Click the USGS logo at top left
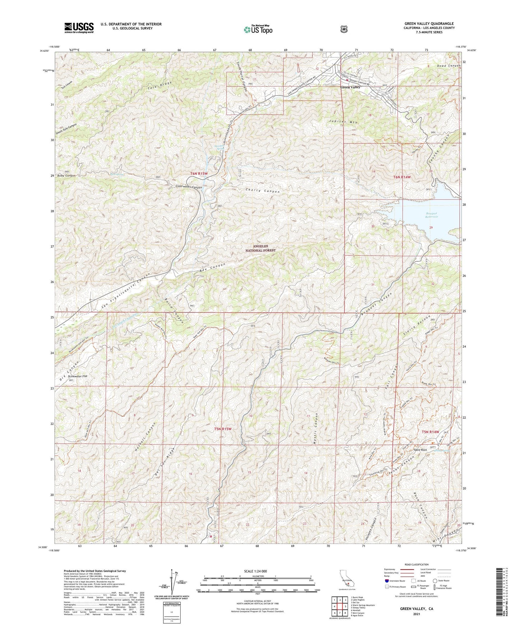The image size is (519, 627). point(79,28)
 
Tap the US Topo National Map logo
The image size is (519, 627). point(258,29)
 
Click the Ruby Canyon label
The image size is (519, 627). point(65,176)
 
